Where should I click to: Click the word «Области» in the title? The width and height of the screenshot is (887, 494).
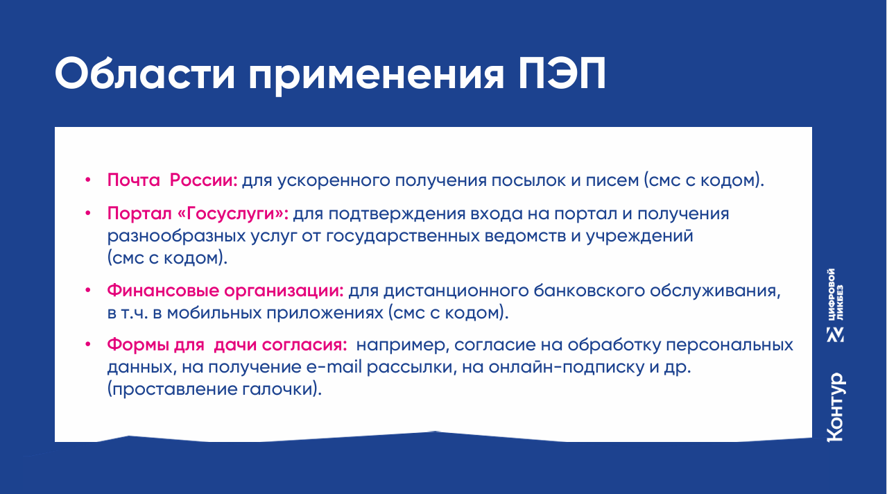[145, 74]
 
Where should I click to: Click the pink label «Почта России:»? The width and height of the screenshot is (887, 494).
[172, 180]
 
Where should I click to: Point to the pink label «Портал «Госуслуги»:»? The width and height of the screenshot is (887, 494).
[198, 214]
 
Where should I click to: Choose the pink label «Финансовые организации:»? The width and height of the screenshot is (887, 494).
[225, 291]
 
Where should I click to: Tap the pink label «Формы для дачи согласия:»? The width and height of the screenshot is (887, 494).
[227, 345]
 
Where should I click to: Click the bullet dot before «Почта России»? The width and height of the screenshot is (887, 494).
[88, 180]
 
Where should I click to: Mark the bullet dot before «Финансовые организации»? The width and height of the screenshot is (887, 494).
[88, 291]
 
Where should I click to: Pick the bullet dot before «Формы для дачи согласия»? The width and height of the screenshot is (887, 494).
[88, 345]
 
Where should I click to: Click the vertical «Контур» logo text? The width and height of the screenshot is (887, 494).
[836, 407]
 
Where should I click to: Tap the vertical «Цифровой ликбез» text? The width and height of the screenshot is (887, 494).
[835, 294]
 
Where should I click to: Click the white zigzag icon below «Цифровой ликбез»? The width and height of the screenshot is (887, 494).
[835, 334]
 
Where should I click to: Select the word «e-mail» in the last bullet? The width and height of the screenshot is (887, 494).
[334, 367]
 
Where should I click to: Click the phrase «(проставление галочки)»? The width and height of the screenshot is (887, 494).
[214, 389]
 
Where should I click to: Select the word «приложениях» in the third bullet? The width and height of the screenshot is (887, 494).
[325, 314]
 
